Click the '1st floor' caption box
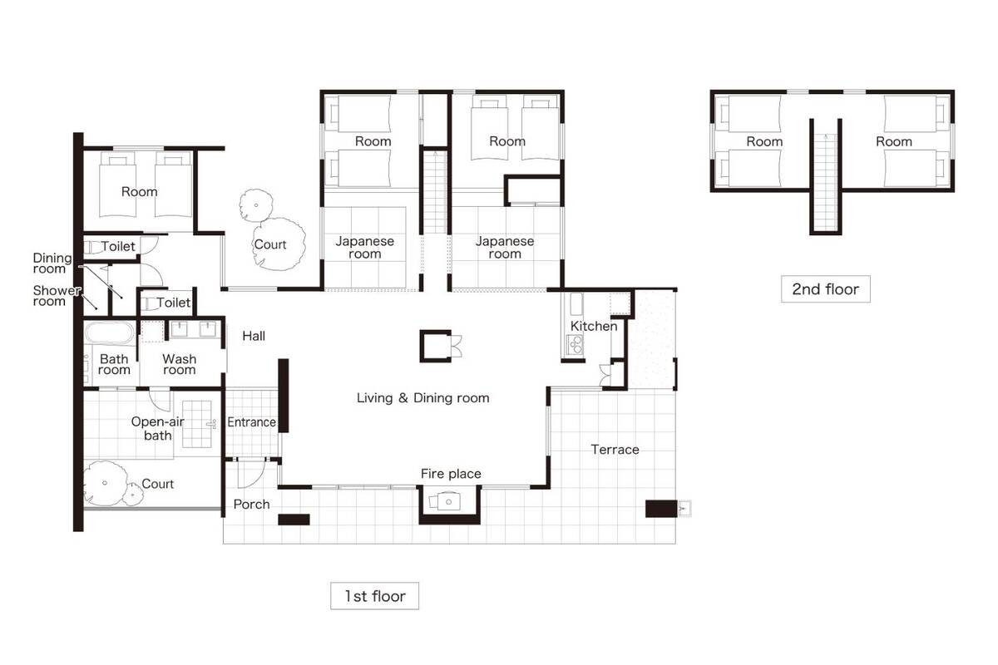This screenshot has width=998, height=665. pos(374,595)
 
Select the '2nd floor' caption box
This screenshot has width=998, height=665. pos(826,289)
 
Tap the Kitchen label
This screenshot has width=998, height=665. pos(594,326)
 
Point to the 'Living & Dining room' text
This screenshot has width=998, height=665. pos(422,397)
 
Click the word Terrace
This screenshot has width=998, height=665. pos(615,450)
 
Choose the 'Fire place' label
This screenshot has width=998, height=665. pos(451,474)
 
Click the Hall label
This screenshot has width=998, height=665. pos(254,336)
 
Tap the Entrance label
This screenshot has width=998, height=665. pos(251,421)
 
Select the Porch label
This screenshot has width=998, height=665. pos(251,505)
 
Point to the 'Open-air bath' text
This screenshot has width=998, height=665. pos(158,428)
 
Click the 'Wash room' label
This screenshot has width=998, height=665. pos(179,364)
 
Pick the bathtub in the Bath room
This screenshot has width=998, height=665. pos(110,333)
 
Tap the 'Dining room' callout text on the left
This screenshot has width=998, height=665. pos(52,264)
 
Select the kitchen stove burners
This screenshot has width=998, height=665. pos(575,344)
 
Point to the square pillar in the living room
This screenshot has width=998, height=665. pos(435,347)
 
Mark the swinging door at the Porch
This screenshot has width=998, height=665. pos(251,473)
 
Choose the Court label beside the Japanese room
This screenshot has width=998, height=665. pos(270,244)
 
